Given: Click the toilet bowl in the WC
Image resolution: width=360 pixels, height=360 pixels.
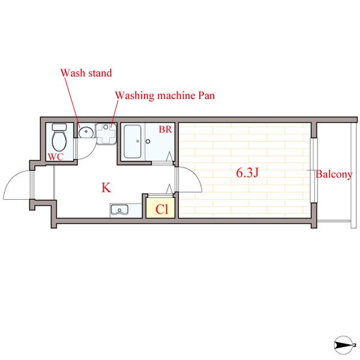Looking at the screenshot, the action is point(59,141).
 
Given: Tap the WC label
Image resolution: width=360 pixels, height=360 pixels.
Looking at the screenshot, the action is point(56,157).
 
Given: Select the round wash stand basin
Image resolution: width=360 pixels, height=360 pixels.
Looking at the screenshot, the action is point(86,132).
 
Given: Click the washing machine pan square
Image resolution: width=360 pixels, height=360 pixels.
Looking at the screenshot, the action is point(106,133).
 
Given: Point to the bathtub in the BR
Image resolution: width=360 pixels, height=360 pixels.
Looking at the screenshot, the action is point(132,141).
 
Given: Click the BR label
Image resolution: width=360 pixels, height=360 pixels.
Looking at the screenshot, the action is point(166,130).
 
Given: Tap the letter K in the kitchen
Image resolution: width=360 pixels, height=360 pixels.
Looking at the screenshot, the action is point(106,188).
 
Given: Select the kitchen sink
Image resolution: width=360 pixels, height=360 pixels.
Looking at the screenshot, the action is point(119,210).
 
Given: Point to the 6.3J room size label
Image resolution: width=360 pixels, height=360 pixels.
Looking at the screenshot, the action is point(247,172).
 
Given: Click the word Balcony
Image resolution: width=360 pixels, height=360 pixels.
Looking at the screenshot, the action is point(334,174).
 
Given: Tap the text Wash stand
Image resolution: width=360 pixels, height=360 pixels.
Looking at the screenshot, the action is point(86,73).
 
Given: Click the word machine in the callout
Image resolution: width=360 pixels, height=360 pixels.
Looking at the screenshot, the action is point(176,95).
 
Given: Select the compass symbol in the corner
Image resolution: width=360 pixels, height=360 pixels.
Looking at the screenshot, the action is point(344,344).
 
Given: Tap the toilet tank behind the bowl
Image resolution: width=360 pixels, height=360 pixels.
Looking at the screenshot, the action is point(59,127).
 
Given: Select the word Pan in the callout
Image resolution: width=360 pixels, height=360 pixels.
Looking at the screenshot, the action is point(206,95).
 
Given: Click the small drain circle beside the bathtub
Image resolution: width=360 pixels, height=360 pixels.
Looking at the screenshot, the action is point(148,141).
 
